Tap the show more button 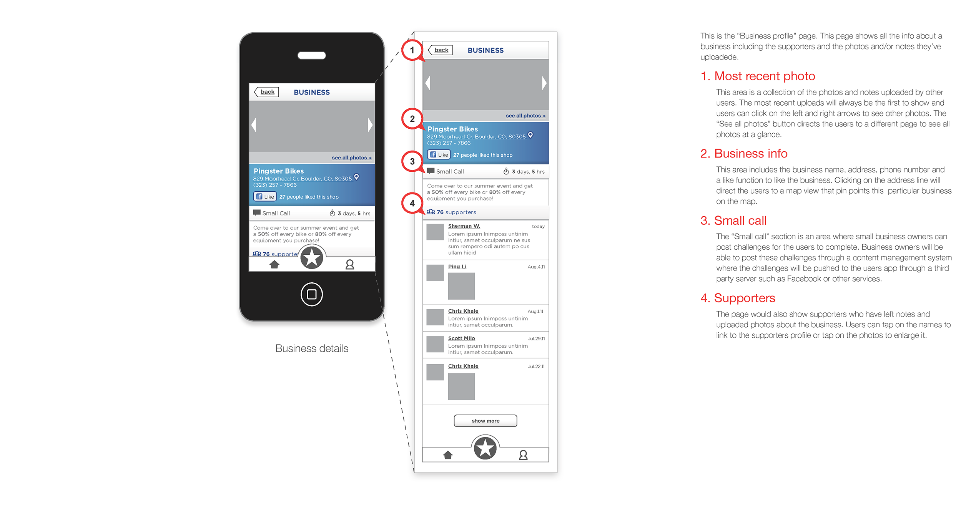point(485,421)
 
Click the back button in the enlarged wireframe point(440,50)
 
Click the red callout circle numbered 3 point(412,161)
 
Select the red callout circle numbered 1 point(412,50)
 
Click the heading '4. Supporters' point(738,298)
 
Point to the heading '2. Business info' point(744,154)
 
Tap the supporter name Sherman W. point(464,226)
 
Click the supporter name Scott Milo point(462,338)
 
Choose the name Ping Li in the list point(457,267)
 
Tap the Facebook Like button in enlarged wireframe point(439,154)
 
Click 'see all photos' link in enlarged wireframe point(525,116)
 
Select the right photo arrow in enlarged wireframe point(544,83)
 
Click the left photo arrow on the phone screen point(254,125)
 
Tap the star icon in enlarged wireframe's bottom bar point(485,448)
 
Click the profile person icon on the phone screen point(349,264)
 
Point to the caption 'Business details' point(312,348)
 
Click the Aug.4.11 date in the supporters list point(536,267)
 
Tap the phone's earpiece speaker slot point(312,55)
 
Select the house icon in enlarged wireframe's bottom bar point(448,455)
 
